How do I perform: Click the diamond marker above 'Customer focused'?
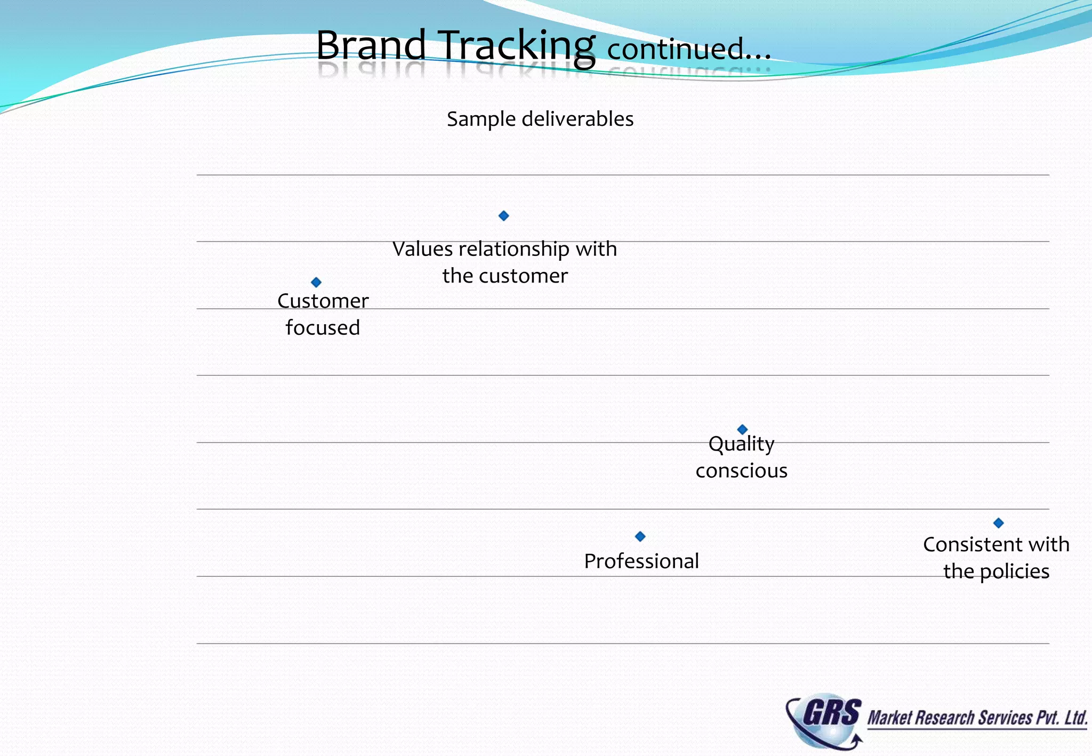(316, 282)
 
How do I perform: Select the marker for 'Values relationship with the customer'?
(503, 216)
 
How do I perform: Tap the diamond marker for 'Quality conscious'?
(742, 429)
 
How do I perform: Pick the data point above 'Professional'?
(640, 536)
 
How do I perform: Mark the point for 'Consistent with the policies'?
(999, 523)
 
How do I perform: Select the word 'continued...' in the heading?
(689, 49)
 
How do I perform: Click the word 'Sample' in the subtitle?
(481, 119)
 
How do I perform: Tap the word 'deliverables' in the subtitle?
(577, 119)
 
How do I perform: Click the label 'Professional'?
(641, 561)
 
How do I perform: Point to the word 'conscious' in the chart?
(741, 471)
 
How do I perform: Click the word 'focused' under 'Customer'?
(323, 327)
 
